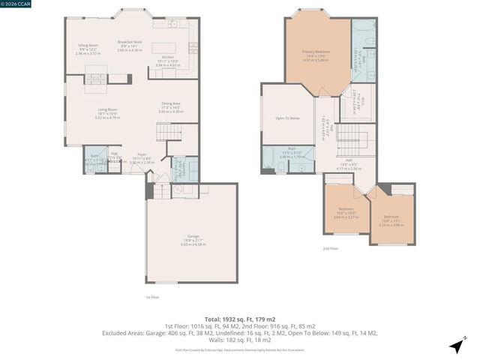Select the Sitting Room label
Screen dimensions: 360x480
coord(88,49)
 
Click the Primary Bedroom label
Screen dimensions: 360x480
coord(316,55)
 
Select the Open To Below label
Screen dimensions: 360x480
coord(288,118)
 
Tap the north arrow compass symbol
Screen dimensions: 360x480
coord(455,346)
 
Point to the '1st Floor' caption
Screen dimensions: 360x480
coord(151,297)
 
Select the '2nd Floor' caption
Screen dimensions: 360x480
coord(330,247)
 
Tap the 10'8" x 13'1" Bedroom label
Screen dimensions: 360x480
coord(394,221)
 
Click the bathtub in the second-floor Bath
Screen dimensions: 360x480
coord(268,157)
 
